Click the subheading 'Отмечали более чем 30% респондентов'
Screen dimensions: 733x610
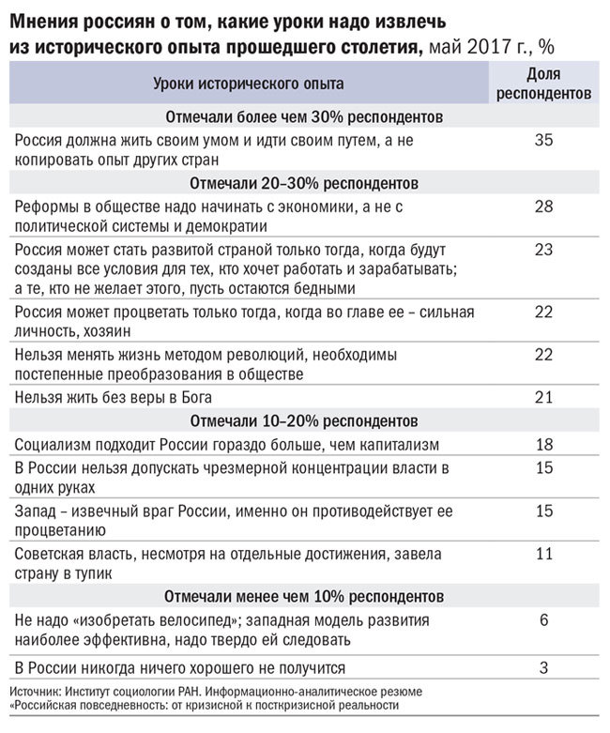click(305, 118)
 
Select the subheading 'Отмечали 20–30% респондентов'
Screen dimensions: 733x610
click(305, 182)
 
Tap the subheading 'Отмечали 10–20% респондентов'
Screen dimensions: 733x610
click(305, 420)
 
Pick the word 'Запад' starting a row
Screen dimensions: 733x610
click(37, 510)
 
